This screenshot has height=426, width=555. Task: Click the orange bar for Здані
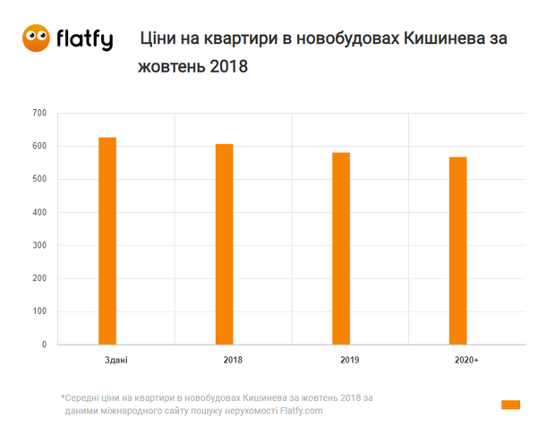(107, 241)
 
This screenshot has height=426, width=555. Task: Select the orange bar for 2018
(224, 244)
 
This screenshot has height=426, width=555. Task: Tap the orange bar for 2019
(341, 249)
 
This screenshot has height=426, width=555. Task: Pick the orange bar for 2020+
(457, 251)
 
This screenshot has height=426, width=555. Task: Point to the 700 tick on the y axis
(38, 113)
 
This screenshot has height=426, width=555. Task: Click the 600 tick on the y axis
(38, 146)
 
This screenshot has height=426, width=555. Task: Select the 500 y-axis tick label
(38, 179)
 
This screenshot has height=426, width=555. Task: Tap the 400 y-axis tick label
(38, 212)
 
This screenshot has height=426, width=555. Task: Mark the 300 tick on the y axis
(38, 245)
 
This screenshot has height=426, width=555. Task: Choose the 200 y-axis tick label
(38, 278)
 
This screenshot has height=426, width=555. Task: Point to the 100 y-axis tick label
(38, 311)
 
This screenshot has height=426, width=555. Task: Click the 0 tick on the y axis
(43, 345)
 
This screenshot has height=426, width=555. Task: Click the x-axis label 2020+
(465, 361)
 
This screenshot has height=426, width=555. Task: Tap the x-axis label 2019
(349, 361)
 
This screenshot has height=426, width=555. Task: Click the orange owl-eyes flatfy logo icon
(37, 37)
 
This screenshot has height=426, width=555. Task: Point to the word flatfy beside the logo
(84, 38)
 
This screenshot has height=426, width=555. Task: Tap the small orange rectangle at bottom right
(510, 405)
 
